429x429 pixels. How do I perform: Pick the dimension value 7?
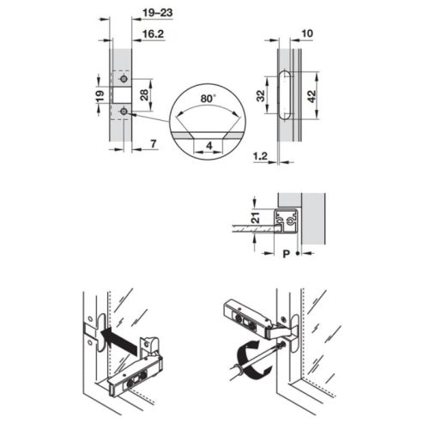click(149, 142)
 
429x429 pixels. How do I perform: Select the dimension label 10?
click(307, 35)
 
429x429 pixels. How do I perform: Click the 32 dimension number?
click(261, 95)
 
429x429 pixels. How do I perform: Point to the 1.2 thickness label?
click(261, 157)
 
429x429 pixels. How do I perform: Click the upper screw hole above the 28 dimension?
click(123, 77)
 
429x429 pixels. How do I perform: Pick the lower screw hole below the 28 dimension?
click(123, 112)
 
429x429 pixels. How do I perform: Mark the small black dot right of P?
click(297, 255)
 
